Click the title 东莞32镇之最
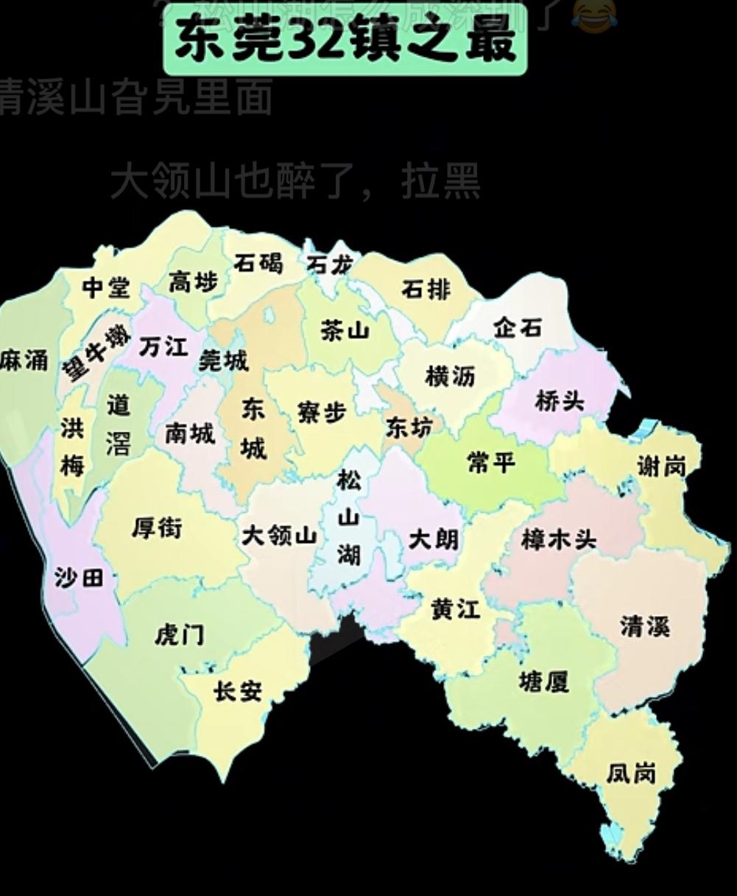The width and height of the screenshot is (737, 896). tap(345, 42)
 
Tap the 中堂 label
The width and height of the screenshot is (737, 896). tap(105, 287)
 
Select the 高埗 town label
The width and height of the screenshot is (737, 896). tap(194, 281)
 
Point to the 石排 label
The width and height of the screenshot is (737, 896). tap(426, 290)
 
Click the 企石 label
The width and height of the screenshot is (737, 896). tap(518, 327)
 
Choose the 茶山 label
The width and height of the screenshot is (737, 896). tap(344, 331)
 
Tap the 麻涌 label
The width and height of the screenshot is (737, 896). tap(24, 360)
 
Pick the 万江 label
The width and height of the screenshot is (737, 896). tap(163, 346)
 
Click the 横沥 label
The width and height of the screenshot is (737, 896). tap(450, 377)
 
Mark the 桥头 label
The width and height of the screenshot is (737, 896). tap(560, 402)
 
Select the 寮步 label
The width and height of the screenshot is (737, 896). tap(322, 413)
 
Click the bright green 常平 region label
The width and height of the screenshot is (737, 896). tap(491, 463)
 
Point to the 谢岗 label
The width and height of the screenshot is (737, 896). tap(661, 466)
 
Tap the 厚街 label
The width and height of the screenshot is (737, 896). tap(156, 528)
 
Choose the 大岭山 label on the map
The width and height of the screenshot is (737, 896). tap(279, 536)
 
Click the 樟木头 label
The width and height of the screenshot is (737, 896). tap(558, 539)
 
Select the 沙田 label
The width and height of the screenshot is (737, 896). tap(79, 578)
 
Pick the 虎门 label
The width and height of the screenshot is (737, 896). tap(179, 634)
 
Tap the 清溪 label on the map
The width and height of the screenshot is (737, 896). tap(644, 626)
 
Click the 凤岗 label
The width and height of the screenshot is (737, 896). tap(631, 773)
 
